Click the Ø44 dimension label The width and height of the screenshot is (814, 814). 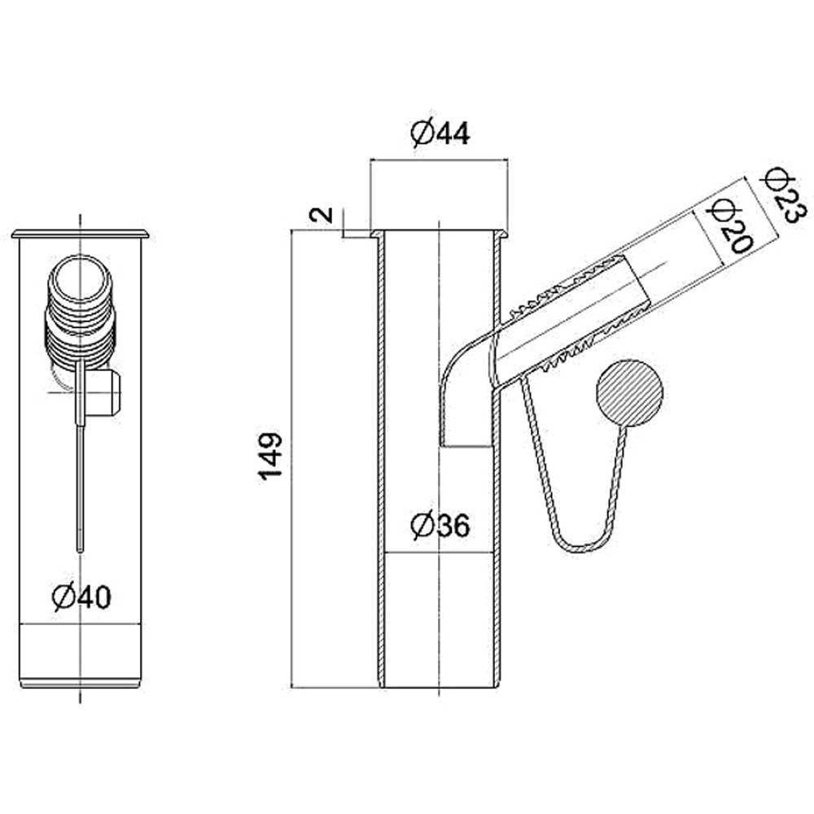tap(440, 133)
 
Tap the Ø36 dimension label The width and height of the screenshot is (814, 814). tap(440, 525)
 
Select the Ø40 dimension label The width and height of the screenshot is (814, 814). tap(81, 597)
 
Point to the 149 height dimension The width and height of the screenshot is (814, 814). tap(270, 456)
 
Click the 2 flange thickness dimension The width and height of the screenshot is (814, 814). tap(322, 214)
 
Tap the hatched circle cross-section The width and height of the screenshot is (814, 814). tap(630, 393)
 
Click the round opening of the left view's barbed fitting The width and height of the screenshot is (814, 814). tap(80, 280)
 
